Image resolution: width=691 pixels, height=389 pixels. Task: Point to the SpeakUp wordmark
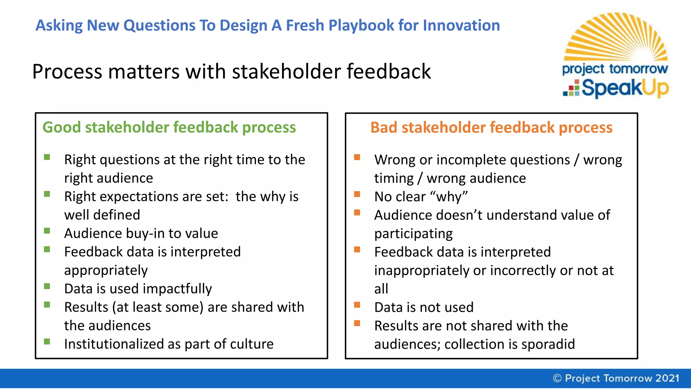625,88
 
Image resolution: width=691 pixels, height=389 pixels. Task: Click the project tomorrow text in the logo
615,69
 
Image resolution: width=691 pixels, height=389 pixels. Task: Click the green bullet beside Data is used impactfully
47,286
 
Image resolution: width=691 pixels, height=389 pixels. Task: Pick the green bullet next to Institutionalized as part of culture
47,342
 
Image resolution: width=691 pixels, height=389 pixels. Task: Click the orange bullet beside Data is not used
357,305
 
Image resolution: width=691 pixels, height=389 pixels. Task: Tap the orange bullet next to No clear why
357,194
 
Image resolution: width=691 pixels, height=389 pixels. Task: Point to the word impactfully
177,289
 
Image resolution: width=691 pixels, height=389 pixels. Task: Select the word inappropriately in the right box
421,271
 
